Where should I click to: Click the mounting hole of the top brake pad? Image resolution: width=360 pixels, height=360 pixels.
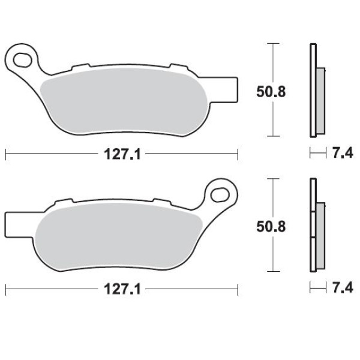(x=23, y=60)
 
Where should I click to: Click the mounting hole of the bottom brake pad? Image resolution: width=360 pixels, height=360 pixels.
(x=220, y=195)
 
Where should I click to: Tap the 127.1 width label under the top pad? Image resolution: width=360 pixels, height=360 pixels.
(x=122, y=154)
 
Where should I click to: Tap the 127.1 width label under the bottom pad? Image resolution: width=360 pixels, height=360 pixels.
(x=122, y=289)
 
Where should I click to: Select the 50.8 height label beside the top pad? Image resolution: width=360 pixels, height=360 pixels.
(x=271, y=92)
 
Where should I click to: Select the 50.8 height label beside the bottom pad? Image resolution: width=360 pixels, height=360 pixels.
(x=271, y=227)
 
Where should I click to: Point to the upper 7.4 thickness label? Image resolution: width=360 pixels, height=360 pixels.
(x=343, y=153)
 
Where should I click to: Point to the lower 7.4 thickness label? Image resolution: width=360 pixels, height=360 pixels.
(x=343, y=288)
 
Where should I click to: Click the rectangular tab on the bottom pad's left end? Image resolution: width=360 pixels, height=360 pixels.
(x=19, y=224)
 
